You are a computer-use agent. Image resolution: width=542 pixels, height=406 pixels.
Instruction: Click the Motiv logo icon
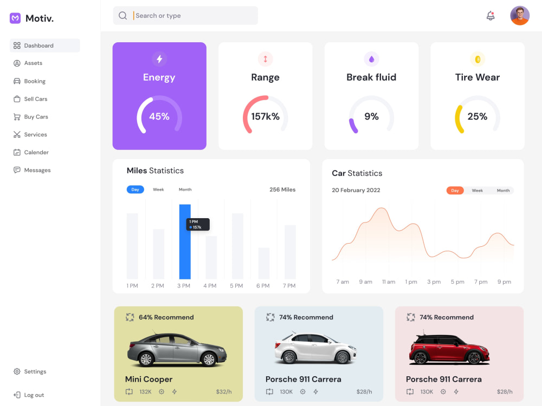(15, 18)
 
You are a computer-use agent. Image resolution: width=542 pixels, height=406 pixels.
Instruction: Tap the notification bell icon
(491, 16)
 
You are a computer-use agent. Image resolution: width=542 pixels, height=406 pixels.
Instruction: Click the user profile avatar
(520, 16)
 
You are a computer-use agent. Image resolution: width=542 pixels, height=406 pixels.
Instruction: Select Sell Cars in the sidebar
(36, 99)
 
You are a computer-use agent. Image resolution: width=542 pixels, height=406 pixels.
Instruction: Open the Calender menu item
(36, 152)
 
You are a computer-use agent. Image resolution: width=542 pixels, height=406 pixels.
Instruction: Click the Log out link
(34, 395)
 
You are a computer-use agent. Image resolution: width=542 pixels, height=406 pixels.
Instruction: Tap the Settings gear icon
(17, 371)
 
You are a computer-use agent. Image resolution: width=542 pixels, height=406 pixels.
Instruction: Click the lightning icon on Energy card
(159, 59)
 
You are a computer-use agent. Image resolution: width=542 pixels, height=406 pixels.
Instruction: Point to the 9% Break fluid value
(372, 116)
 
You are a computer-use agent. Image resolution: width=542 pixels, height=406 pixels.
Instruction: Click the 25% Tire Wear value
(478, 116)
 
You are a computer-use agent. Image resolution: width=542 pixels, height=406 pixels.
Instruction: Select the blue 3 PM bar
(185, 241)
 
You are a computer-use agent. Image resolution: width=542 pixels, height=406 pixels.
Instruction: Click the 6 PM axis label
(263, 286)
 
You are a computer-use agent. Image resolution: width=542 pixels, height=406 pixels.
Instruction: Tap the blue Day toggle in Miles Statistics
(135, 189)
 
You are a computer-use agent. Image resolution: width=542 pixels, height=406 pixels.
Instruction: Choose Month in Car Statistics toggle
(504, 191)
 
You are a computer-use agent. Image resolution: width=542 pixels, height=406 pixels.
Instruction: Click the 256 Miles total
(282, 189)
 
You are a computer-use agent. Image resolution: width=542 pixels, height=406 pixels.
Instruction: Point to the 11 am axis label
(389, 281)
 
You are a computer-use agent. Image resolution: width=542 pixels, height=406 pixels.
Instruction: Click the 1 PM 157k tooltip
(198, 225)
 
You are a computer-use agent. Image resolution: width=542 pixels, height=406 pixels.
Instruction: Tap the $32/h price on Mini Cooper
(224, 392)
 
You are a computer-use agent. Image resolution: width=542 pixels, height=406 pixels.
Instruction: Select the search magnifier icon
(122, 16)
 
